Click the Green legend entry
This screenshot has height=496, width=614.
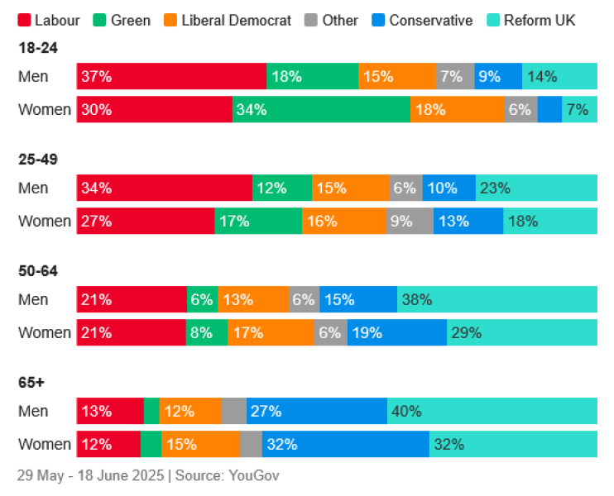click(x=131, y=20)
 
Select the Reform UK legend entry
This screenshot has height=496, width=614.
click(x=538, y=20)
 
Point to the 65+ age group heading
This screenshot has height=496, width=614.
click(x=31, y=383)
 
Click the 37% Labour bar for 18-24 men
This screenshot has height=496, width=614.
click(x=171, y=77)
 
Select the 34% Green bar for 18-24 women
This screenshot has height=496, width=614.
click(x=321, y=110)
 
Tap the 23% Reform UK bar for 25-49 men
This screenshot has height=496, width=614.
click(x=536, y=188)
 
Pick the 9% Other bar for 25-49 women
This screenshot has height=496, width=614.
click(x=410, y=222)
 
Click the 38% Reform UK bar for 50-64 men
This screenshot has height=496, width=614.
click(x=497, y=300)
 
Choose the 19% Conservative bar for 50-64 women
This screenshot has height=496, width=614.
click(x=396, y=333)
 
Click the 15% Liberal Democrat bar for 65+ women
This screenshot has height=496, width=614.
click(x=200, y=445)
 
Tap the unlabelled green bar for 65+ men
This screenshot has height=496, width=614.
click(x=151, y=412)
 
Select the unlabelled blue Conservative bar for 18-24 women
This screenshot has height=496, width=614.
click(x=549, y=110)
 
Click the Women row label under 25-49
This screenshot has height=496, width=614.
click(x=45, y=222)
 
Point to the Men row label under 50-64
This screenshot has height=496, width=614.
click(x=33, y=300)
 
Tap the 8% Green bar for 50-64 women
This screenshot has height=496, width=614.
click(x=207, y=333)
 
